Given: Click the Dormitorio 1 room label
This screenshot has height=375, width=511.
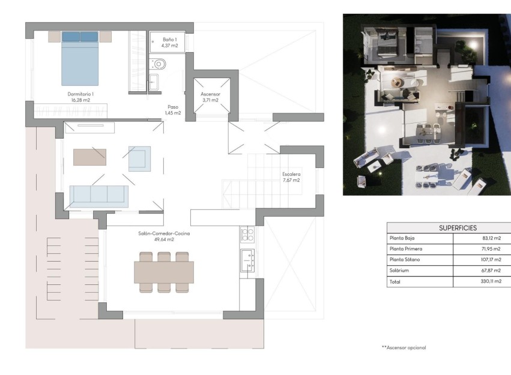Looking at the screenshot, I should (x=80, y=97).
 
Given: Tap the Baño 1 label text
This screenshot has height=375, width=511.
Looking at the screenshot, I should (x=169, y=42).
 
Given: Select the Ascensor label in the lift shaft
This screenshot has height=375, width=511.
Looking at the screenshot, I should (x=210, y=97).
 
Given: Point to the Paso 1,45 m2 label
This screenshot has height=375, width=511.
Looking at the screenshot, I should (x=173, y=110).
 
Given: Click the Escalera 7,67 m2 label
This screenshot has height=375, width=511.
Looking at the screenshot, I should (x=291, y=177).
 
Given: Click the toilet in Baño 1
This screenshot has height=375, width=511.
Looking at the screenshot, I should (x=159, y=63).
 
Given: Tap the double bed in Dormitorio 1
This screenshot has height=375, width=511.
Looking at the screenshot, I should (x=80, y=58).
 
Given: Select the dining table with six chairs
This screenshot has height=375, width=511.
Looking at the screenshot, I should (x=164, y=272).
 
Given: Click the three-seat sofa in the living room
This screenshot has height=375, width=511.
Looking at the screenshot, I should (x=99, y=195).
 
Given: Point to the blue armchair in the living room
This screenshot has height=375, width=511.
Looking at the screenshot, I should (x=139, y=158).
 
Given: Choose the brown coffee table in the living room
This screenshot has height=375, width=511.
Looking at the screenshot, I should (x=89, y=157).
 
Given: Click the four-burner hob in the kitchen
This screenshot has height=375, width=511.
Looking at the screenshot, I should (x=247, y=234).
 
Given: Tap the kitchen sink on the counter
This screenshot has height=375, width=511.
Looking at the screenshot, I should (x=247, y=260).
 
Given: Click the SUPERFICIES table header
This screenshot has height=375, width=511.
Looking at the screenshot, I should (x=458, y=228).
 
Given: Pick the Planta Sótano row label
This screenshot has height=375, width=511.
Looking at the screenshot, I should (x=405, y=260).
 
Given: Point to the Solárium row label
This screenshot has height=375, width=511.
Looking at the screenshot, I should (x=400, y=271).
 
